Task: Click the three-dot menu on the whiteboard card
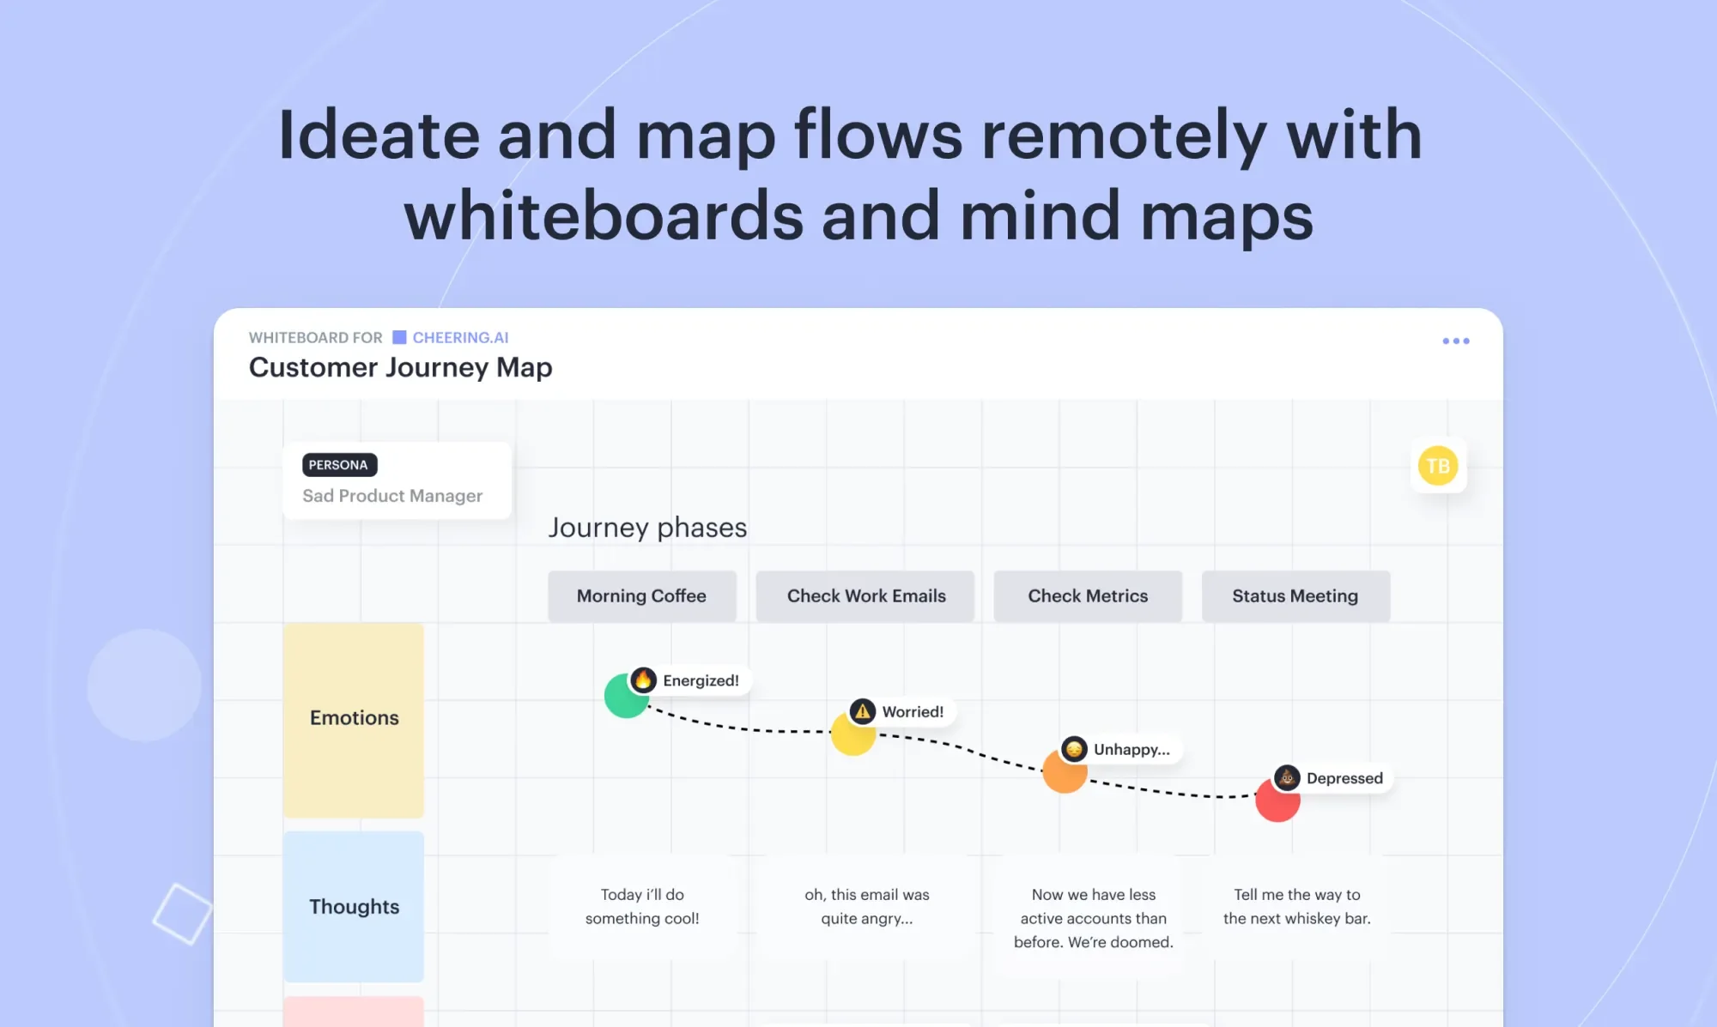(x=1456, y=341)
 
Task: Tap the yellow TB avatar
(x=1438, y=466)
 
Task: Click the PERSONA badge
(x=339, y=465)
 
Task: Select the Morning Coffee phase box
(x=642, y=596)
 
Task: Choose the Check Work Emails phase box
(x=865, y=596)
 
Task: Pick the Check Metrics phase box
(x=1088, y=596)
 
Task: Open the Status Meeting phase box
(x=1295, y=596)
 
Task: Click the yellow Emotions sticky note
(x=354, y=720)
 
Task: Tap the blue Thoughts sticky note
(x=354, y=907)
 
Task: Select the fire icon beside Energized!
(x=644, y=680)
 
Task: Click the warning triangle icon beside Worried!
(x=863, y=711)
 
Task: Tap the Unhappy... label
(x=1132, y=749)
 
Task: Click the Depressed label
(x=1344, y=778)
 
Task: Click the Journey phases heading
(x=648, y=527)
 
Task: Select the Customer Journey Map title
(x=401, y=367)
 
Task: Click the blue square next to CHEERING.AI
(x=399, y=337)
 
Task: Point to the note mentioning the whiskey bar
(x=1296, y=906)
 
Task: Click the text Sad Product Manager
(x=392, y=496)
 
